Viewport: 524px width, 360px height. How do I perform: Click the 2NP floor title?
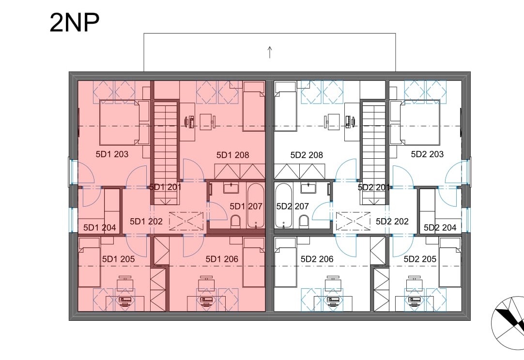pyautogui.click(x=75, y=23)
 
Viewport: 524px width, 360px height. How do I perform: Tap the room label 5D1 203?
pyautogui.click(x=112, y=154)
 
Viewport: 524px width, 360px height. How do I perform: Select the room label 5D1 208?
pyautogui.click(x=232, y=155)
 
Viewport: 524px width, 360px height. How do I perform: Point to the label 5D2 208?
pyautogui.click(x=307, y=155)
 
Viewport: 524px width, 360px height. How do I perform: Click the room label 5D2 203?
pyautogui.click(x=427, y=154)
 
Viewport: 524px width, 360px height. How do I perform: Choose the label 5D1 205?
pyautogui.click(x=118, y=259)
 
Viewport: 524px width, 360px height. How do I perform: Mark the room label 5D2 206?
pyautogui.click(x=317, y=259)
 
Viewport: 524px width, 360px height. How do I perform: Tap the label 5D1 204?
pyautogui.click(x=100, y=228)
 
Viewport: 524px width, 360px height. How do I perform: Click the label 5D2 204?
pyautogui.click(x=440, y=228)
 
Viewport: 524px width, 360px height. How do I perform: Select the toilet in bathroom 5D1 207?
pyautogui.click(x=235, y=222)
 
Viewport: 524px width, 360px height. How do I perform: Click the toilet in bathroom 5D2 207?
pyautogui.click(x=304, y=222)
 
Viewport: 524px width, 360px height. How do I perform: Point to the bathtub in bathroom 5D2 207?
pyautogui.click(x=284, y=206)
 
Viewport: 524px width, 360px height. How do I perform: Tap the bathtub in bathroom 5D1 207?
pyautogui.click(x=256, y=206)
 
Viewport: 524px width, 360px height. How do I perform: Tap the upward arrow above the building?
pyautogui.click(x=270, y=52)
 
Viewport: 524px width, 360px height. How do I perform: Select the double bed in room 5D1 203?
pyautogui.click(x=120, y=122)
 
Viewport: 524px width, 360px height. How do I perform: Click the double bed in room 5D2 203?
pyautogui.click(x=419, y=122)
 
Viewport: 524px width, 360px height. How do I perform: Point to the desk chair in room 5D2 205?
pyautogui.click(x=414, y=284)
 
